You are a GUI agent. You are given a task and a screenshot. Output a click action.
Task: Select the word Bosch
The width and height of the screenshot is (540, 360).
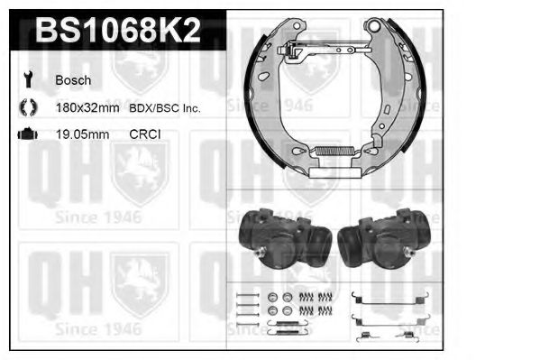(x=73, y=80)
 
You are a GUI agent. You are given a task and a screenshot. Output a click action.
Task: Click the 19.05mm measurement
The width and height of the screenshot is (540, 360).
(x=81, y=135)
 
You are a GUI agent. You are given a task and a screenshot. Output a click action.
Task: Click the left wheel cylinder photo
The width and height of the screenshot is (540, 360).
(x=281, y=238)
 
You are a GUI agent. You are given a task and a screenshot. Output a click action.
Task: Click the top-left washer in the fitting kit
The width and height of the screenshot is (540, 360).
(x=273, y=297)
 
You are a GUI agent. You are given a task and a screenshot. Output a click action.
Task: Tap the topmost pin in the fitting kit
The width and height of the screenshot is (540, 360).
(x=243, y=295)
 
